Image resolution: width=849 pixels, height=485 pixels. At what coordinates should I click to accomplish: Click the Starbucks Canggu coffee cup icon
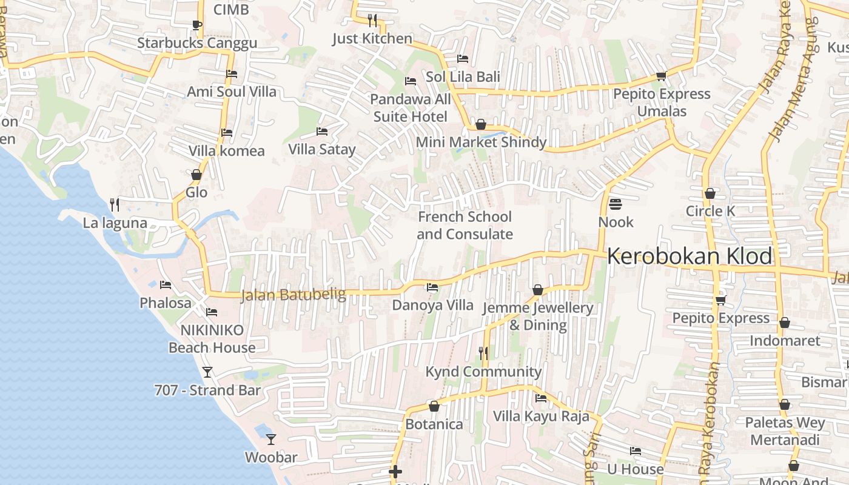click(x=196, y=25)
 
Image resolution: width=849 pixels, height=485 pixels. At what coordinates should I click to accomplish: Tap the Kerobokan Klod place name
click(x=690, y=256)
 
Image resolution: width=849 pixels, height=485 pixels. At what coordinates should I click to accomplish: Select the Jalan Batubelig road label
click(x=293, y=295)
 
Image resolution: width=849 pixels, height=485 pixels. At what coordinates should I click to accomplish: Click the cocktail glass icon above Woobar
click(x=271, y=440)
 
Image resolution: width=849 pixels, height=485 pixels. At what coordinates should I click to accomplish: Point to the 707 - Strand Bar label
click(x=207, y=390)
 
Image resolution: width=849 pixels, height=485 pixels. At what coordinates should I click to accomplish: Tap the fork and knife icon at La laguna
click(x=114, y=205)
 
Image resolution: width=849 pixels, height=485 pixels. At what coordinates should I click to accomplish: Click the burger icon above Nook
click(x=616, y=204)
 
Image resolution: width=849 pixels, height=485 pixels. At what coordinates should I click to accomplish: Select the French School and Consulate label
click(x=465, y=226)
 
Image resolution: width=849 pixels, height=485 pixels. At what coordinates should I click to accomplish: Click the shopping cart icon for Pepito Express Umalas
click(x=661, y=76)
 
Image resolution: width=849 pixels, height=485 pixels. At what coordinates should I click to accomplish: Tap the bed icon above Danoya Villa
click(x=432, y=287)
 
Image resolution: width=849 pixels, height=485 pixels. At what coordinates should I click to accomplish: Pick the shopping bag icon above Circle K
click(x=710, y=193)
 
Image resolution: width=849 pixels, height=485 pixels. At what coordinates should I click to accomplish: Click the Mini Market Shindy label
click(x=481, y=142)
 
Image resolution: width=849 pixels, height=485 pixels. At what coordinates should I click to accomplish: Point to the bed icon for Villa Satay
click(x=322, y=132)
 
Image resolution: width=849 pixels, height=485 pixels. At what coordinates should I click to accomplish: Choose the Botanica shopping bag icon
click(x=434, y=406)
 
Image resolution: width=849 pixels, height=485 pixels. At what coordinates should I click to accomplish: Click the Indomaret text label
click(x=785, y=341)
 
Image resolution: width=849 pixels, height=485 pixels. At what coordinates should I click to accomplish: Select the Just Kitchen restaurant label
click(x=372, y=39)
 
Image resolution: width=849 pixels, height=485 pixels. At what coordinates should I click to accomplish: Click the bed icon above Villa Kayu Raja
click(x=541, y=398)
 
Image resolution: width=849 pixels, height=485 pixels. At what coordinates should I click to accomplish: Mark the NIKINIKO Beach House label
click(x=212, y=339)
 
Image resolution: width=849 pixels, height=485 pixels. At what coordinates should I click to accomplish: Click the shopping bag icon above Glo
click(x=196, y=175)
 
